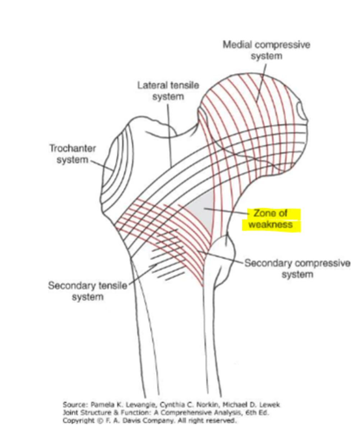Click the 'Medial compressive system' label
(266, 50)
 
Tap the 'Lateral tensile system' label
(168, 91)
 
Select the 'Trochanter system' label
(73, 154)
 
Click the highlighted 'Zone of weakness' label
(271, 219)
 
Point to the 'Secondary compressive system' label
(297, 269)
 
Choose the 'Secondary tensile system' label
(88, 291)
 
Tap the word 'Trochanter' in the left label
(73, 148)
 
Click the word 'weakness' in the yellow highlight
(271, 225)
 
